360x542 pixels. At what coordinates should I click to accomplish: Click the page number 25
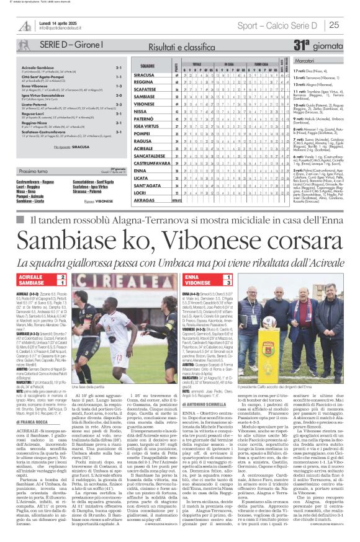click(351, 25)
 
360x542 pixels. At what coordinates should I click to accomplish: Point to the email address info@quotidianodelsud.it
click(60, 29)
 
